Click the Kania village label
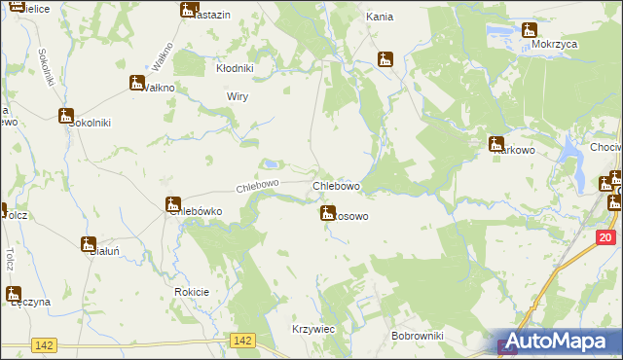(x=379, y=17)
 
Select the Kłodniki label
(x=235, y=69)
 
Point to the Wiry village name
(x=238, y=97)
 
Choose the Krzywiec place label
(x=313, y=330)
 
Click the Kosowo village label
(x=350, y=216)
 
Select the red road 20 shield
(x=605, y=237)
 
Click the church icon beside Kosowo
(x=328, y=212)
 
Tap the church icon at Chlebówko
(x=173, y=205)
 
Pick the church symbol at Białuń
(x=89, y=244)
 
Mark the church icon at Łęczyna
(x=14, y=294)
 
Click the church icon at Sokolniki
(x=66, y=117)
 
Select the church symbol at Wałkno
(x=137, y=83)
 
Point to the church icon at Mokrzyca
(x=529, y=31)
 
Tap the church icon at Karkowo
(x=496, y=144)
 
